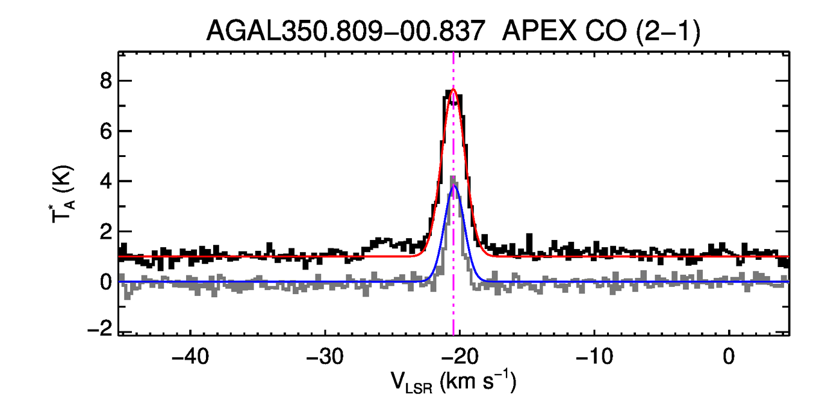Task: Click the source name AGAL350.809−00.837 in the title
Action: click(345, 31)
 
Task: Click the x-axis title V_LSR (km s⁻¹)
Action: click(453, 383)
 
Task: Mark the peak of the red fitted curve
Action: click(453, 90)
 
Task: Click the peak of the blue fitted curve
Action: click(455, 186)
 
